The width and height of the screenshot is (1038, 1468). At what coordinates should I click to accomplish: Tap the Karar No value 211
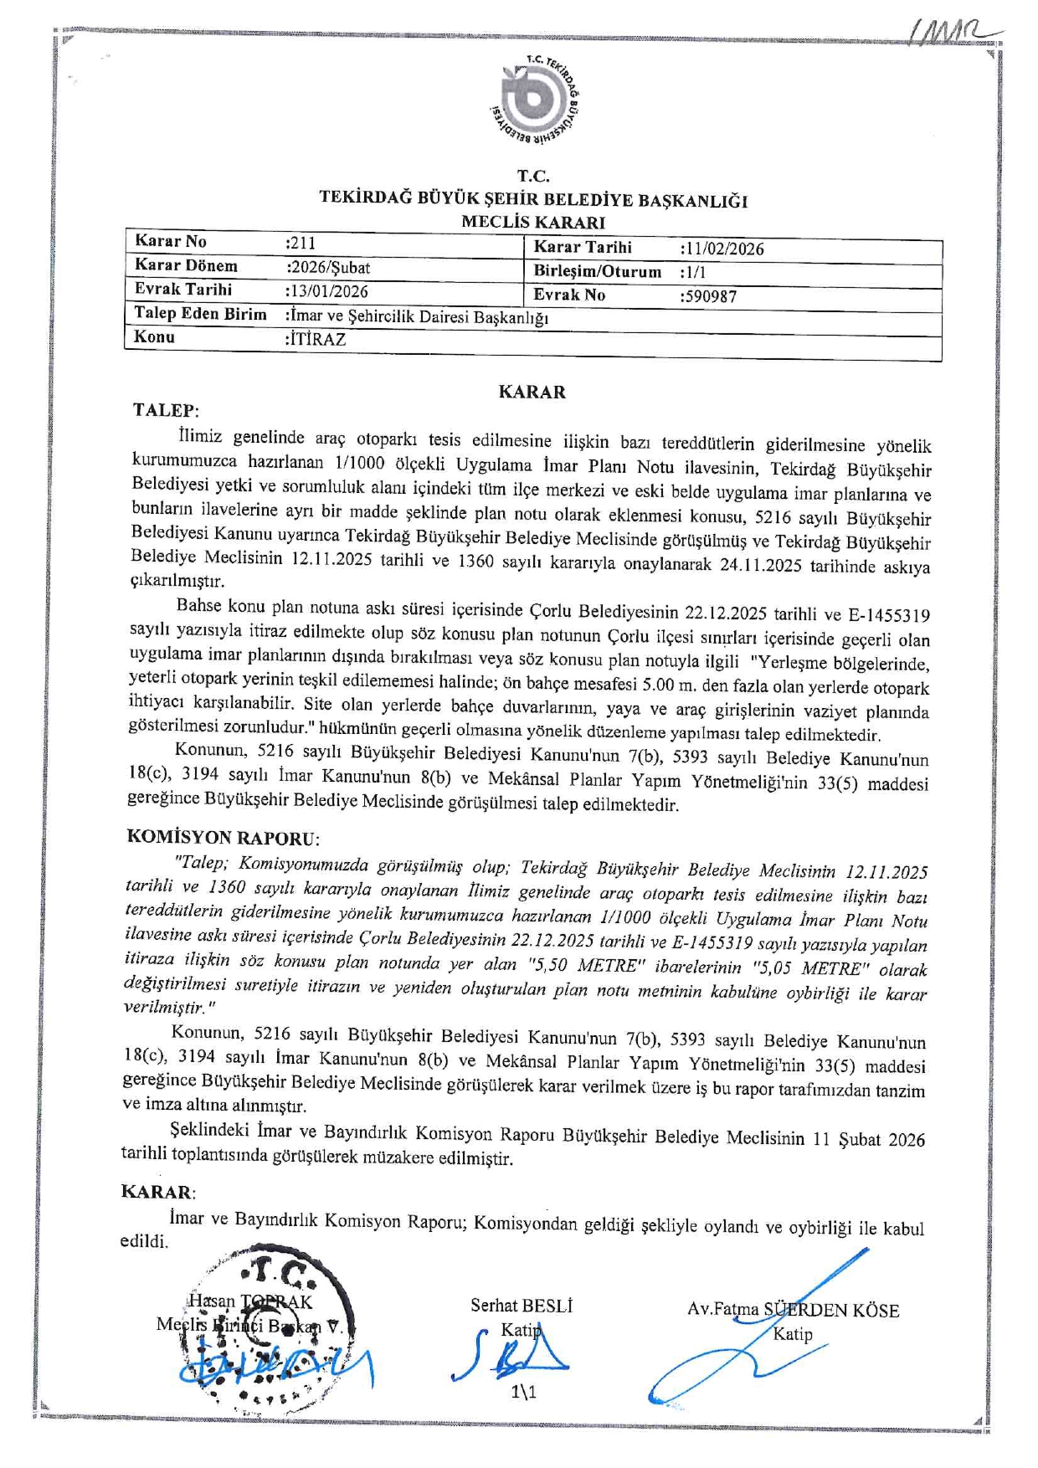tap(301, 244)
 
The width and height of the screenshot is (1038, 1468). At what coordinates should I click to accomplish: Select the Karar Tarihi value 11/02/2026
tap(722, 249)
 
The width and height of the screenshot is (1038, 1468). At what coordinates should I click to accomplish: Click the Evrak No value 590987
tap(709, 296)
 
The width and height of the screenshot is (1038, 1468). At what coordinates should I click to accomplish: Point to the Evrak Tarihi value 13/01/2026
tap(326, 291)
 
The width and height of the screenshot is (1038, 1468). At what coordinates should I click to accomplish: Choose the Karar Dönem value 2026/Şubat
tap(328, 268)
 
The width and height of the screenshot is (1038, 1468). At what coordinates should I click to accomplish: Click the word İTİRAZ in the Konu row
tap(316, 339)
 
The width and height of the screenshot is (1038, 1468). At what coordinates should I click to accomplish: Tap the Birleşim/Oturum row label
tap(597, 272)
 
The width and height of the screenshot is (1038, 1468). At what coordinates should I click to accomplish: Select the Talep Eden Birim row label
tap(200, 314)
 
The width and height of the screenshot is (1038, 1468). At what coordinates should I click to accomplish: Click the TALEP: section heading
tap(166, 410)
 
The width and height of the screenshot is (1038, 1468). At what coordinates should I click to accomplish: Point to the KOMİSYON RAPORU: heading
tap(223, 837)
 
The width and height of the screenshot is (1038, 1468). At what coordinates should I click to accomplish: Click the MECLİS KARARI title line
tap(533, 223)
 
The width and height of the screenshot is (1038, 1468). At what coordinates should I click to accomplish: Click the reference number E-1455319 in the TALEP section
tap(888, 616)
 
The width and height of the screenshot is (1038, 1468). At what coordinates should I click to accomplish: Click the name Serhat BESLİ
tap(522, 1306)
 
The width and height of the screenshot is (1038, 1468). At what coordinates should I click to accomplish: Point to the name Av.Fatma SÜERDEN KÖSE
tap(793, 1310)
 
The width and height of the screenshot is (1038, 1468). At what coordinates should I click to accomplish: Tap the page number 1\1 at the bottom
tap(523, 1392)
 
